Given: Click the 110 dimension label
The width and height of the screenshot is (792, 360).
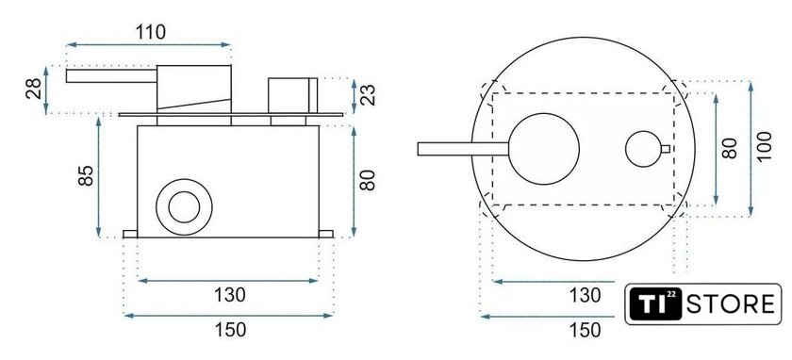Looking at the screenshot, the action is click(x=151, y=32).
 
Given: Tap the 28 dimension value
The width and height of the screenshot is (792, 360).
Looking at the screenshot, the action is click(x=34, y=89).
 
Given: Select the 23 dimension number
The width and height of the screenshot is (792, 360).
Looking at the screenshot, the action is click(x=370, y=94).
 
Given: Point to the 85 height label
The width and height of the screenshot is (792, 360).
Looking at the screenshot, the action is click(x=87, y=175).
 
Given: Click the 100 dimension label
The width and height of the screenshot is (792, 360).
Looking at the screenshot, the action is click(x=766, y=147).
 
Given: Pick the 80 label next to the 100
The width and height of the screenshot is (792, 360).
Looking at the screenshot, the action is click(x=730, y=148).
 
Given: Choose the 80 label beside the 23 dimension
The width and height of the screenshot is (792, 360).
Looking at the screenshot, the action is click(x=369, y=180).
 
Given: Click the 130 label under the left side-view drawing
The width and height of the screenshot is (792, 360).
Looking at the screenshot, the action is click(x=230, y=294).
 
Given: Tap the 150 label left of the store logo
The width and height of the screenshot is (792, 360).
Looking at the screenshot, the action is click(x=585, y=330).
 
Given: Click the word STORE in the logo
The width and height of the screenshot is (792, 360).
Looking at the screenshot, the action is click(x=730, y=304).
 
